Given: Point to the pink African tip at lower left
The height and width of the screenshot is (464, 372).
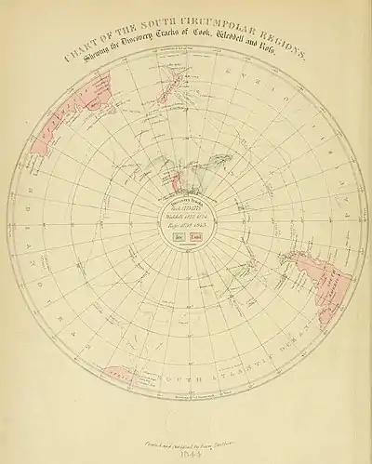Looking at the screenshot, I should tap(116, 377).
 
